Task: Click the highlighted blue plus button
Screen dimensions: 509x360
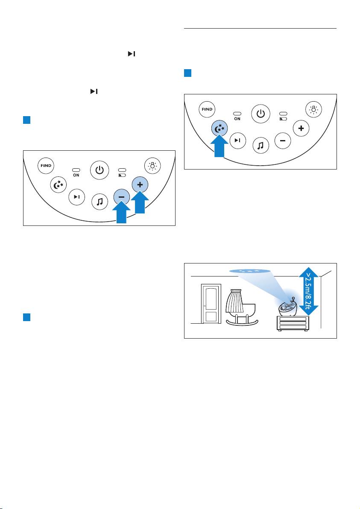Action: pos(140,185)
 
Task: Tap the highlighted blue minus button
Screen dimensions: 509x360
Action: pos(121,199)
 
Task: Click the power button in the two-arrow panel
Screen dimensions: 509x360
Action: pos(99,170)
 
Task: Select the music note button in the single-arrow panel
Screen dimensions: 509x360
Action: pos(260,146)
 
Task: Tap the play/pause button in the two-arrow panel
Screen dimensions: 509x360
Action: pos(76,197)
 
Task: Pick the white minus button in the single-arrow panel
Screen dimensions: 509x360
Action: pos(282,141)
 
